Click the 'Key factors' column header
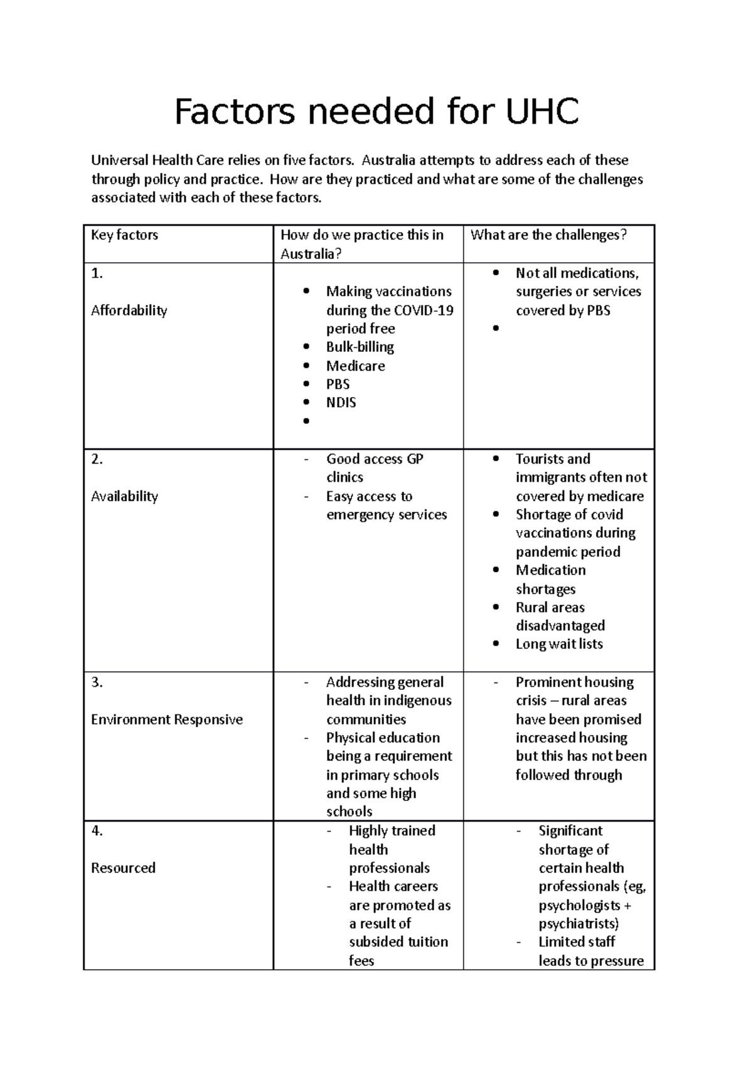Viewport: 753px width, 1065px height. (x=124, y=235)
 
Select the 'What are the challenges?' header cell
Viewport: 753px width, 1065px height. (x=548, y=235)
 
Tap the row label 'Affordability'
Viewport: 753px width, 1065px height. (x=129, y=310)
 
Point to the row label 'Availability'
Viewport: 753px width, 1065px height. (x=124, y=496)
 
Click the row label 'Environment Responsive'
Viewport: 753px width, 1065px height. (x=166, y=719)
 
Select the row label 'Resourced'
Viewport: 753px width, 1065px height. (x=123, y=868)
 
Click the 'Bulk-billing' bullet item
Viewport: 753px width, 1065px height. (x=360, y=347)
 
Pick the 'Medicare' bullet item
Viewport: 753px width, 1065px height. (x=355, y=366)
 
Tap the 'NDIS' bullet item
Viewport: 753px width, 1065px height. (x=341, y=403)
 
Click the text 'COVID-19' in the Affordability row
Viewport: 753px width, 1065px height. (x=424, y=310)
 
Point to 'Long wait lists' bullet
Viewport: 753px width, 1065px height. (x=558, y=644)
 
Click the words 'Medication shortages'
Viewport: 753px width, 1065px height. (x=550, y=579)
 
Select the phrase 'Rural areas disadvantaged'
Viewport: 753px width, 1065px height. (x=559, y=617)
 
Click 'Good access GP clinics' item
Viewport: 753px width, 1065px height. (x=374, y=468)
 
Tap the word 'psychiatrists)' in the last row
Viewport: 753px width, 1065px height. (x=578, y=923)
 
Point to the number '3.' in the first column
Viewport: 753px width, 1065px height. (x=97, y=682)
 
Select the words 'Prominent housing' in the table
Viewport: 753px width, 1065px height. (x=574, y=682)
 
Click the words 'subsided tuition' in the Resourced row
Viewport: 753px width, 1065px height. (x=398, y=942)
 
